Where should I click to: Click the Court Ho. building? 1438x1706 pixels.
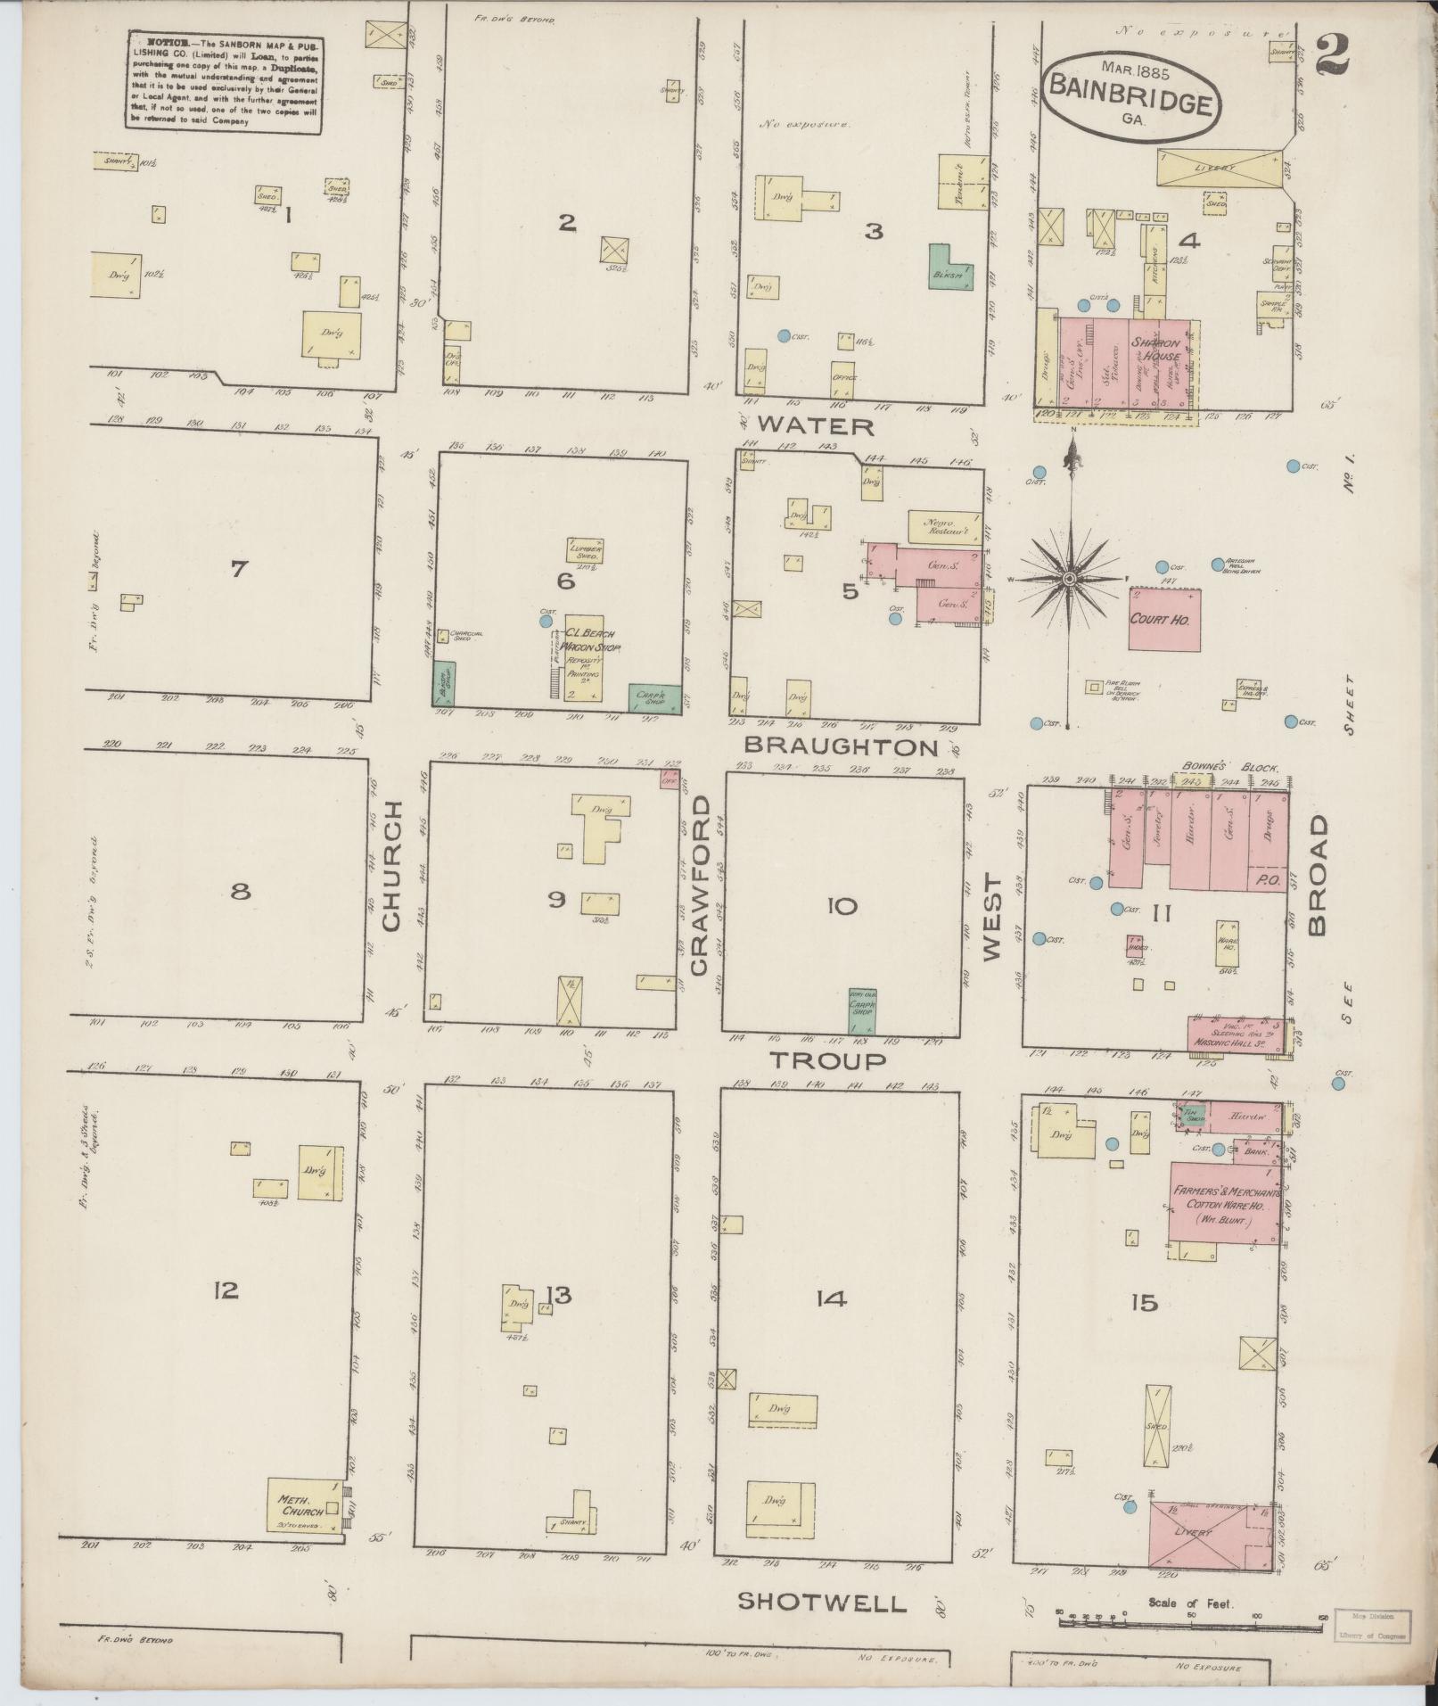[x=1163, y=619]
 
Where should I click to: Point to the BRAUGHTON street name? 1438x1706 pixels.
[x=841, y=746]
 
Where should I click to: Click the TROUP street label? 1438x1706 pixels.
[x=828, y=1059]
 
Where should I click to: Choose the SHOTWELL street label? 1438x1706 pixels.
[x=822, y=1603]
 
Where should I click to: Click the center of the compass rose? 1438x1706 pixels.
[x=1068, y=580]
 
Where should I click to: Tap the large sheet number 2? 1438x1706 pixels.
[x=1329, y=55]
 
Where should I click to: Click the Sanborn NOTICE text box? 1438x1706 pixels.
[x=223, y=81]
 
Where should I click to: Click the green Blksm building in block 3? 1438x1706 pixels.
[x=949, y=267]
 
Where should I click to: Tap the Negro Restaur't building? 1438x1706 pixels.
[x=943, y=527]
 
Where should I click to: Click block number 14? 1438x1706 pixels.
[x=829, y=1300]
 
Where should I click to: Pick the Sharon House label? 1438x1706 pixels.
[x=1155, y=350]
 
